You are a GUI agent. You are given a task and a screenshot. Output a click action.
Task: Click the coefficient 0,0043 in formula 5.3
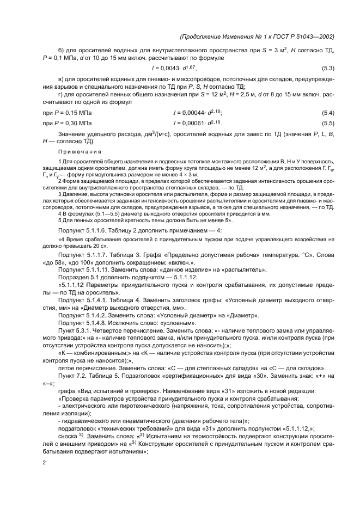click(x=168, y=68)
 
